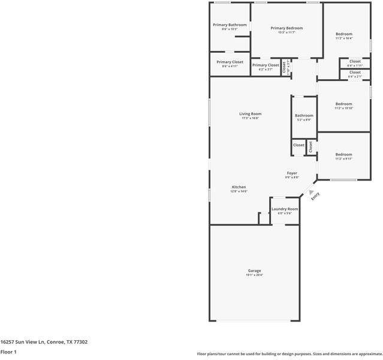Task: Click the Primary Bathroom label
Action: pyautogui.click(x=225, y=25)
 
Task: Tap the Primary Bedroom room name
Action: pyautogui.click(x=287, y=28)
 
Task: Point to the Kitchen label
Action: pyautogui.click(x=239, y=187)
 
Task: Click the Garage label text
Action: pyautogui.click(x=254, y=271)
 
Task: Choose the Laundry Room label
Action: pyautogui.click(x=285, y=209)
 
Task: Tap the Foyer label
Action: pyautogui.click(x=292, y=173)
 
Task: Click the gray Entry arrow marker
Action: pyautogui.click(x=310, y=192)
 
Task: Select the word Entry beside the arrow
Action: pyautogui.click(x=316, y=196)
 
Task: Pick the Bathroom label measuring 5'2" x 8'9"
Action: pyautogui.click(x=304, y=116)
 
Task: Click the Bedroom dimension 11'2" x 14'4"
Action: pyautogui.click(x=343, y=38)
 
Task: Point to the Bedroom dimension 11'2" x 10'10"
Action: pyautogui.click(x=343, y=108)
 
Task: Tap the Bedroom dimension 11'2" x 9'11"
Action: pyautogui.click(x=343, y=159)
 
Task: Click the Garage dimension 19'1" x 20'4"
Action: pyautogui.click(x=254, y=275)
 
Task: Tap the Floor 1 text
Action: pyautogui.click(x=8, y=352)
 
